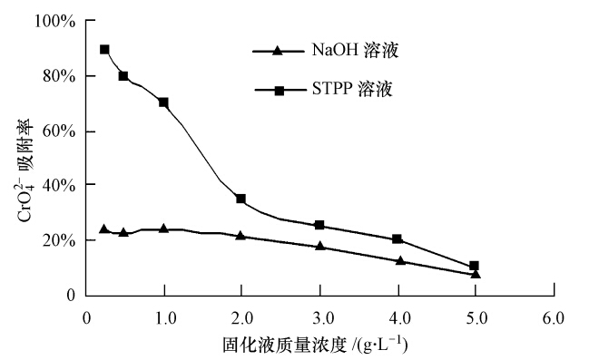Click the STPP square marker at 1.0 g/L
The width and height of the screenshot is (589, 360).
coord(164,102)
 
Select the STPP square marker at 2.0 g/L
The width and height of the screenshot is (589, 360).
coord(241,199)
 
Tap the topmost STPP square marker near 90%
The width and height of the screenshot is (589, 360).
coord(104,50)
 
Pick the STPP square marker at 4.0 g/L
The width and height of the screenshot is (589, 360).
coord(397,239)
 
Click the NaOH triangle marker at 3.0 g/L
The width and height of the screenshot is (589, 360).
coord(319,246)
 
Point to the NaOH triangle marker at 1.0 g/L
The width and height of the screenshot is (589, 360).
coord(164,229)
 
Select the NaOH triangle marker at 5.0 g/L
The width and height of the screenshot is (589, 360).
coord(475,273)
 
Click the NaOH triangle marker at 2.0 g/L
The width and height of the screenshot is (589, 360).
coord(241,235)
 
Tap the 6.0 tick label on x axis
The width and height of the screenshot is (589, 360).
coord(552,318)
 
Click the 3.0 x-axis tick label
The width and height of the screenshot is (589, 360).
coord(319,318)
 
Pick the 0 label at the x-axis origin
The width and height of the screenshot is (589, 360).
coord(86,318)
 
